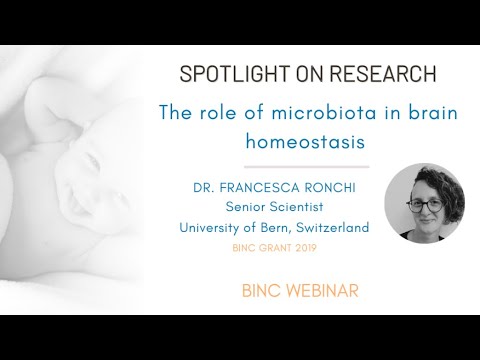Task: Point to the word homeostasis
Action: tap(308, 141)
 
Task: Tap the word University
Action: tap(213, 227)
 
